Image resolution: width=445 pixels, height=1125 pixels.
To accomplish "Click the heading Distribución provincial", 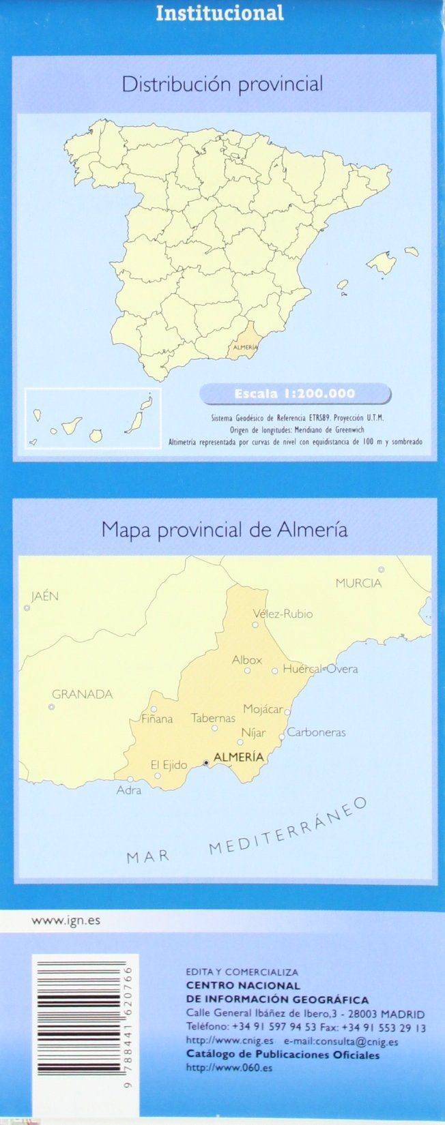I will pyautogui.click(x=222, y=85).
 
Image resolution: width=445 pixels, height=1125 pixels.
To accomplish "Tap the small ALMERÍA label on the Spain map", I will pyautogui.click(x=246, y=347).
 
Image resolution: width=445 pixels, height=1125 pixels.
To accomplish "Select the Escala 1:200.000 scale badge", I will pyautogui.click(x=295, y=393).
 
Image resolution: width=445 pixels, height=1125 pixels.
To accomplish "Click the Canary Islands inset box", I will pyautogui.click(x=93, y=419).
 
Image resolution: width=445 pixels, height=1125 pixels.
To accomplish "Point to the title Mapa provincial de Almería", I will pyautogui.click(x=225, y=530).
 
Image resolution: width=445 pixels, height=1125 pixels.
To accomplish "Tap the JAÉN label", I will pyautogui.click(x=45, y=596).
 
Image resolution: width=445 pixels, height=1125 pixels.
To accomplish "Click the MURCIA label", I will pyautogui.click(x=358, y=583).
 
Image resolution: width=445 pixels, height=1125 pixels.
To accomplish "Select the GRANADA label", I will pyautogui.click(x=82, y=694).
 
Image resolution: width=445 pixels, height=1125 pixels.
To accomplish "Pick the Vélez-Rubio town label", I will pyautogui.click(x=283, y=614).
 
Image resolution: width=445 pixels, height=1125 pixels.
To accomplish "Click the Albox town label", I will pyautogui.click(x=246, y=659).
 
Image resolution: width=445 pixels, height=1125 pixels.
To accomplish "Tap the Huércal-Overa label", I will pyautogui.click(x=320, y=669).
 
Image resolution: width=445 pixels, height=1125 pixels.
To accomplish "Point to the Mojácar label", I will pyautogui.click(x=263, y=709).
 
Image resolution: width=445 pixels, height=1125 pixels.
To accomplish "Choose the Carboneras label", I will pyautogui.click(x=316, y=732).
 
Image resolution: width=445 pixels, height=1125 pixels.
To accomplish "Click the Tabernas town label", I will pyautogui.click(x=213, y=718).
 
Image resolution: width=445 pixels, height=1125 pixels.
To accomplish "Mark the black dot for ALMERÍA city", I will pyautogui.click(x=207, y=764).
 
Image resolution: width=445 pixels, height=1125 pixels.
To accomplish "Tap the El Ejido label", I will pyautogui.click(x=169, y=765).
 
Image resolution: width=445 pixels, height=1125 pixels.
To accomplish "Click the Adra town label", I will pyautogui.click(x=129, y=790).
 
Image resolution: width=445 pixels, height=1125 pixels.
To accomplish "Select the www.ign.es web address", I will pyautogui.click(x=66, y=920).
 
